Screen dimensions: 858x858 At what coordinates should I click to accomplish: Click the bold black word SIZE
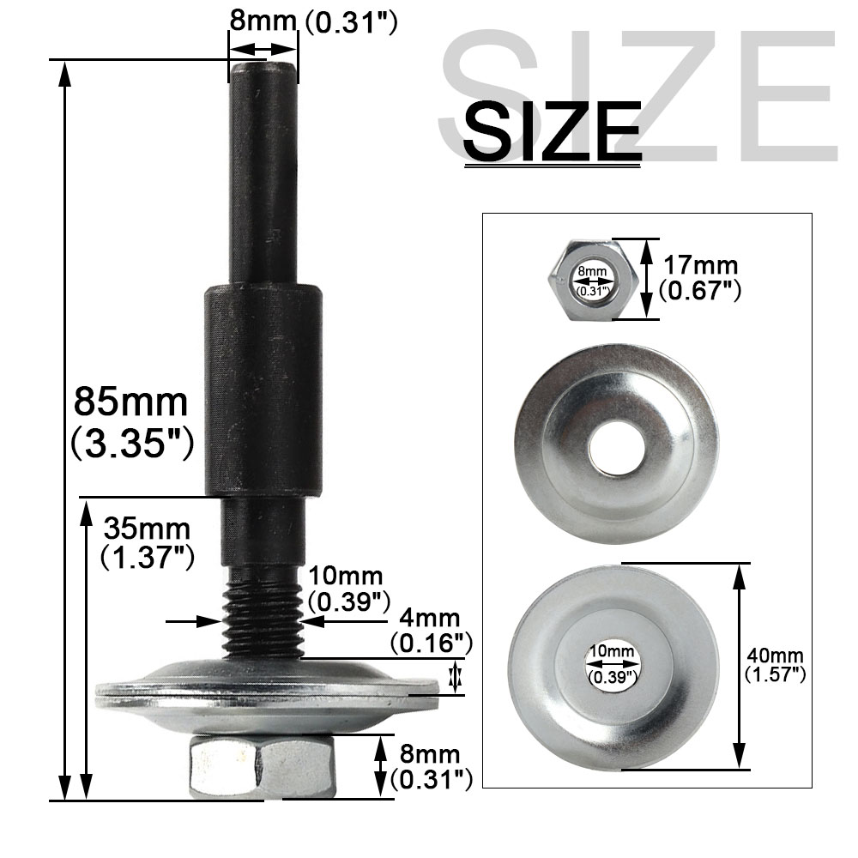pyautogui.click(x=552, y=131)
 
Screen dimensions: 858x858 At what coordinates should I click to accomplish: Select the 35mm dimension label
pyautogui.click(x=147, y=529)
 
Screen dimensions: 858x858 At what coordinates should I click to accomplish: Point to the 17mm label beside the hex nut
pyautogui.click(x=700, y=265)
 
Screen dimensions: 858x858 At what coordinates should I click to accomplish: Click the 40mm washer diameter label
pyautogui.click(x=776, y=655)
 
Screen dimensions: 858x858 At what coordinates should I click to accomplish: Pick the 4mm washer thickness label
pyautogui.click(x=430, y=618)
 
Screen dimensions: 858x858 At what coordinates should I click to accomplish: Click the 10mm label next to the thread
pyautogui.click(x=346, y=576)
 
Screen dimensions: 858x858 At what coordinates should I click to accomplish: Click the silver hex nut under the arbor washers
pyautogui.click(x=263, y=766)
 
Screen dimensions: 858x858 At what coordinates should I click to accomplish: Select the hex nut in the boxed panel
pyautogui.click(x=592, y=279)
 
